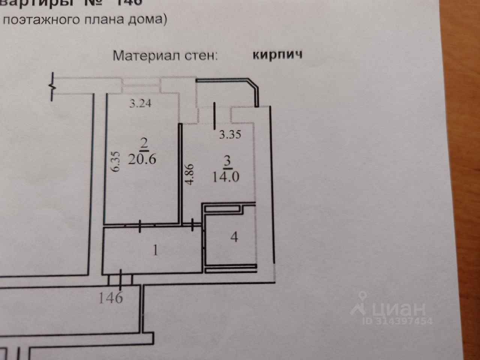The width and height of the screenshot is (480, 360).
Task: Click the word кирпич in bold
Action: [x=277, y=55]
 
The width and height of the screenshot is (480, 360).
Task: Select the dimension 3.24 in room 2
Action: [x=140, y=103]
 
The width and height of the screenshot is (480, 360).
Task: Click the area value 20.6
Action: [x=142, y=159]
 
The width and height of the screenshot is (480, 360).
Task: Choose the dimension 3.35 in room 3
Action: [x=229, y=134]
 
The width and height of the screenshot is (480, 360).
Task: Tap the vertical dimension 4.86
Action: [x=190, y=174]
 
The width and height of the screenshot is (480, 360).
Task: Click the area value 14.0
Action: [x=226, y=176]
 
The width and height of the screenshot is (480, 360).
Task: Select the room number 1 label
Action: [x=155, y=250]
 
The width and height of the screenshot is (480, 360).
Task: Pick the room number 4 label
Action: [x=234, y=237]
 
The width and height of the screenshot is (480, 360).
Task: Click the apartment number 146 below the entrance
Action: [x=111, y=298]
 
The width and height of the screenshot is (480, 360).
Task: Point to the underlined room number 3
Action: [x=227, y=161]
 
